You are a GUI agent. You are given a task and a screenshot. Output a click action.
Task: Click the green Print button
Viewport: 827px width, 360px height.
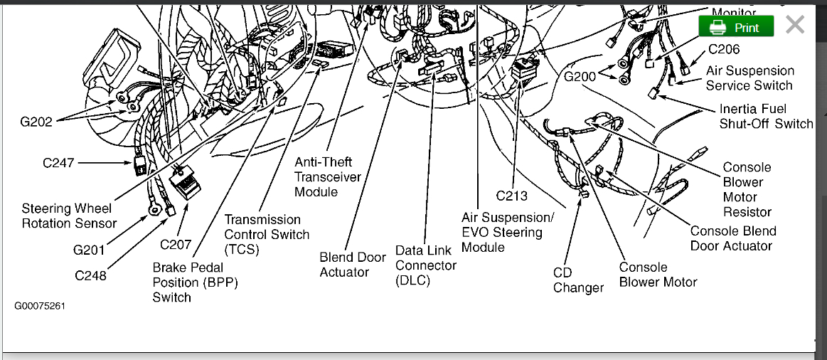[736, 27]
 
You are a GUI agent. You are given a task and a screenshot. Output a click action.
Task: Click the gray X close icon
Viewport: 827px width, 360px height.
[795, 26]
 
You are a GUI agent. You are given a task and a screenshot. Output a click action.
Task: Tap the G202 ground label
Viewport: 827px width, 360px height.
[36, 122]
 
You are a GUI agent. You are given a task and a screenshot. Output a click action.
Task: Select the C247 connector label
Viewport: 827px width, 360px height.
[58, 163]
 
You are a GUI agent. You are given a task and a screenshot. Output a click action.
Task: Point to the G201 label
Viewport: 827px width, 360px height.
[89, 250]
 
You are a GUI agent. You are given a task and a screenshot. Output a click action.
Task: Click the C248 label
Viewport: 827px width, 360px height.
[91, 275]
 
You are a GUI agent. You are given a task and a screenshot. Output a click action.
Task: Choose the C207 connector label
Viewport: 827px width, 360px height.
[176, 245]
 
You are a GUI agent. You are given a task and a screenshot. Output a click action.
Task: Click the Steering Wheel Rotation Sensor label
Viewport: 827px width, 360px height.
[68, 216]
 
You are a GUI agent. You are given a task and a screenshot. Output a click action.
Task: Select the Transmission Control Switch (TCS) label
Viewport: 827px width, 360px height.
[267, 234]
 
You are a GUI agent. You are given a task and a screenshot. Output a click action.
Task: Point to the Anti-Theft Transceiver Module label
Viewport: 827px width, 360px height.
[328, 177]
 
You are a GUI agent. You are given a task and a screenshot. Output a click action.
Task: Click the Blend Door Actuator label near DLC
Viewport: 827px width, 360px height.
[353, 265]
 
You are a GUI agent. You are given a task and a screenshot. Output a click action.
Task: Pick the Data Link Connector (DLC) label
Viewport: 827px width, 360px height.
[426, 265]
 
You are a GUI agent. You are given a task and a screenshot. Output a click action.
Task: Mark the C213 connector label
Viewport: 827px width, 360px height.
[512, 196]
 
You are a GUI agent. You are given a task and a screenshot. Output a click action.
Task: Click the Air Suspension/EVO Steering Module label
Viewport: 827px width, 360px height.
[507, 232]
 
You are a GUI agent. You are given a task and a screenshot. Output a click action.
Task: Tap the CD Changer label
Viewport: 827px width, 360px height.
[578, 280]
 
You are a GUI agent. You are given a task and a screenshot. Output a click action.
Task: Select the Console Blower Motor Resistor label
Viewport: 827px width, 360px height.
[747, 189]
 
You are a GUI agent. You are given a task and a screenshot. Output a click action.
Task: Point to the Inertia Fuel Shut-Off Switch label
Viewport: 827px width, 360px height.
[766, 117]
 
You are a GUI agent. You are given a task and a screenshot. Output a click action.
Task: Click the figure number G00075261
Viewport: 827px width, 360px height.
[40, 305]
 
